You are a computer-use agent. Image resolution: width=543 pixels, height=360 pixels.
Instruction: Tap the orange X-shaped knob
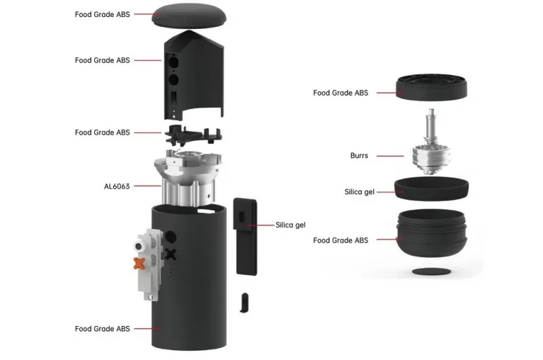click(139, 263)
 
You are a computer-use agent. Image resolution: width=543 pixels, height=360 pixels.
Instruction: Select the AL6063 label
click(117, 187)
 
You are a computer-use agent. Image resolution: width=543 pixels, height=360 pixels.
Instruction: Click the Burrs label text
click(358, 156)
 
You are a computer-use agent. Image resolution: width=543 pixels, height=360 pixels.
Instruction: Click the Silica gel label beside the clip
click(291, 225)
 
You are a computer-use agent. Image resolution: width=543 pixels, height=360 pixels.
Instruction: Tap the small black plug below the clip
click(244, 301)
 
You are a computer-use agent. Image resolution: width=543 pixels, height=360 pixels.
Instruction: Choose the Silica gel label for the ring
click(359, 192)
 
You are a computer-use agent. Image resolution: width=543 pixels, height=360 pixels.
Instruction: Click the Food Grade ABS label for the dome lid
click(103, 14)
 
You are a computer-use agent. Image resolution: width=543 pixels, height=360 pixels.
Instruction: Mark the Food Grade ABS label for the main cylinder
click(103, 329)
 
